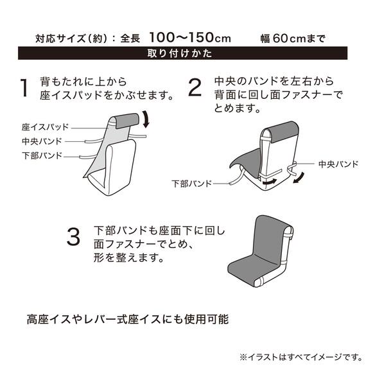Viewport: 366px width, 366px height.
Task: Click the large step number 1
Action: [x=24, y=88]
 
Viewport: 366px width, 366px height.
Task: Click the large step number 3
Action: [x=74, y=238]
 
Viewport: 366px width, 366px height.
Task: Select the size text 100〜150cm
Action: [x=190, y=37]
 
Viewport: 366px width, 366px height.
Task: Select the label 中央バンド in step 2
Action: [x=337, y=164]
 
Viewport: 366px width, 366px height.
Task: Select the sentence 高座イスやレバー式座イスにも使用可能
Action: [x=128, y=318]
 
